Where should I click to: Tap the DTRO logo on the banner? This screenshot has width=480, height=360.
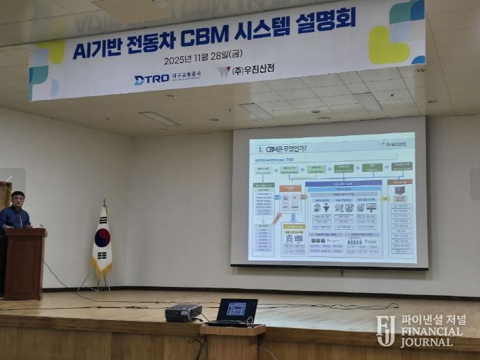[150, 79]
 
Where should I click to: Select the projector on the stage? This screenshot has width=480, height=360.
[183, 312]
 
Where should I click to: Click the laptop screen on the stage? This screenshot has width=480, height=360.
[236, 309]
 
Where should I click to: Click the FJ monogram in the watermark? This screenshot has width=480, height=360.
[386, 330]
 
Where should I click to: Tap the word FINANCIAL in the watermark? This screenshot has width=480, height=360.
[431, 332]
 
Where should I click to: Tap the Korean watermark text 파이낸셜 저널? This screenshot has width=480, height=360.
[433, 320]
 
